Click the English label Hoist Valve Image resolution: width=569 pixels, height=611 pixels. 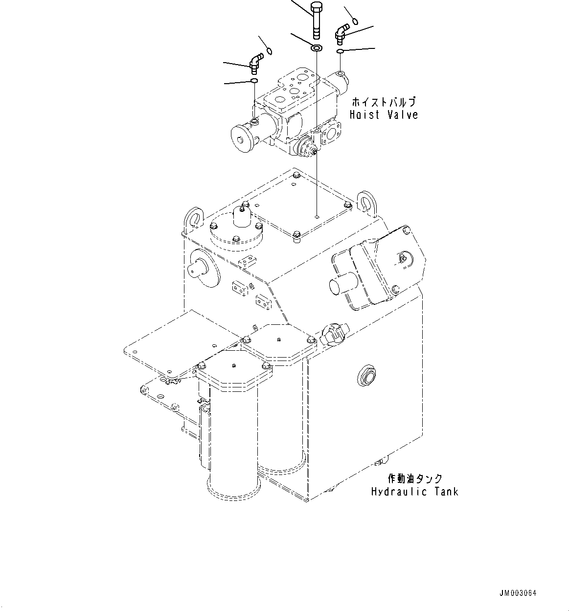[384, 115]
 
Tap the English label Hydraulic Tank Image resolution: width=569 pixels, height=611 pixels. [414, 492]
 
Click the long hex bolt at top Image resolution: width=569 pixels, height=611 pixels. [316, 20]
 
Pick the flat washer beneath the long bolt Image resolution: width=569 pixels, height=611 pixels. [316, 48]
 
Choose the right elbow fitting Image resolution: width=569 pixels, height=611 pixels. [341, 35]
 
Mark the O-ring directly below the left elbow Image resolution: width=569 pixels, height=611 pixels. [254, 81]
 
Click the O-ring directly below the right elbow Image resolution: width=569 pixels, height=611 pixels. [341, 51]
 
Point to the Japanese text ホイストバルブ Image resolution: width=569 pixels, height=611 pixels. [384, 102]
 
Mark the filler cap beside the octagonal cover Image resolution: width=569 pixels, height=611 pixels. [333, 333]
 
